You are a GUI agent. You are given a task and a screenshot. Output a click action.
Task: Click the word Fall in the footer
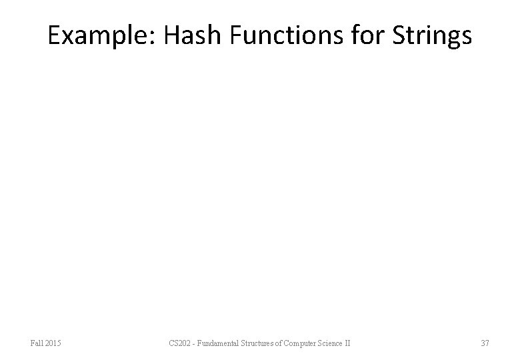click(37, 343)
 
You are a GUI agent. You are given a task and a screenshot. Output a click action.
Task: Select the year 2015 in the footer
click(53, 343)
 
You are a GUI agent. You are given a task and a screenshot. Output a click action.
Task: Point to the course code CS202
click(181, 343)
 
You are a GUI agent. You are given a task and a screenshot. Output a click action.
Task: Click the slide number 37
click(485, 343)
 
